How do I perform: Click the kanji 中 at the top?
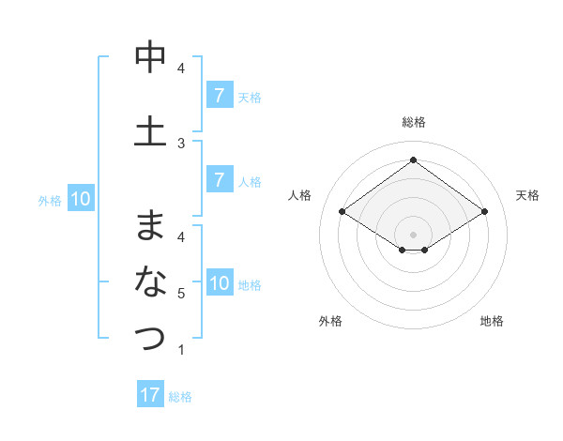(x=150, y=58)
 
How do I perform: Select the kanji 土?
(x=150, y=130)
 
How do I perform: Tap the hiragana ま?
(x=150, y=226)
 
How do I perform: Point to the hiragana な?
(x=150, y=280)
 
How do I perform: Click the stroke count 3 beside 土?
(x=182, y=144)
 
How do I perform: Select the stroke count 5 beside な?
(x=182, y=294)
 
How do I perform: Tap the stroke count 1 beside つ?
(x=182, y=350)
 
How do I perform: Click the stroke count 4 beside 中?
(x=182, y=68)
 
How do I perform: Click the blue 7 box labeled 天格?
(x=219, y=96)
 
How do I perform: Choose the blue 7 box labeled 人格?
(x=219, y=180)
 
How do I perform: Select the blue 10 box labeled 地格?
(x=219, y=283)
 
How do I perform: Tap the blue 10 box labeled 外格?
(x=81, y=199)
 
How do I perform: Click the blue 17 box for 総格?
(x=150, y=395)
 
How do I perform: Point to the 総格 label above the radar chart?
(x=413, y=122)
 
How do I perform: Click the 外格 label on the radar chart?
(x=330, y=322)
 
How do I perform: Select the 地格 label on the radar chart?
(x=492, y=322)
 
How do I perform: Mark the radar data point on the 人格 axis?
(x=342, y=212)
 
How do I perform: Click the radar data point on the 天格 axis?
(x=484, y=212)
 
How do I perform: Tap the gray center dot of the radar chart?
(x=413, y=234)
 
